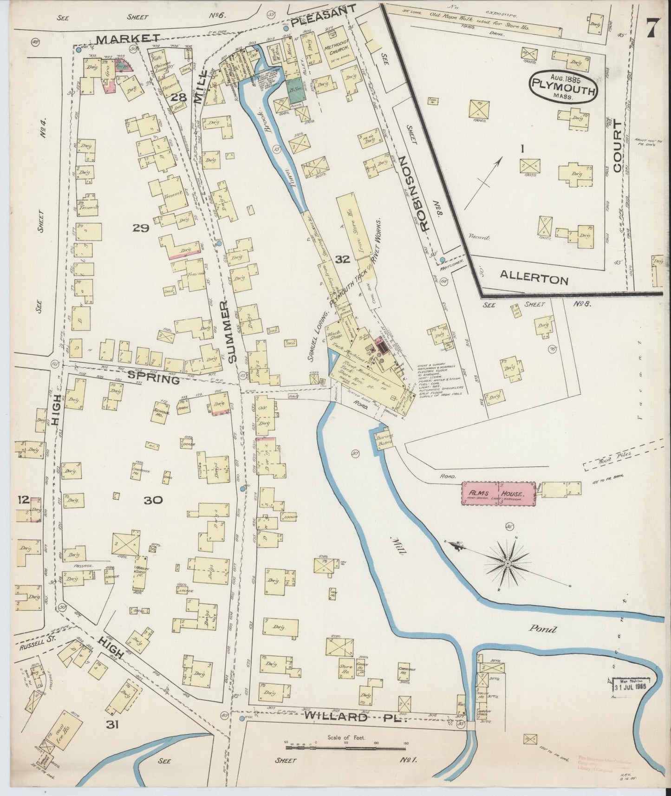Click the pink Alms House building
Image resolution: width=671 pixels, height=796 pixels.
coord(497,494)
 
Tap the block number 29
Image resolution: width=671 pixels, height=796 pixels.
coord(140,228)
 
